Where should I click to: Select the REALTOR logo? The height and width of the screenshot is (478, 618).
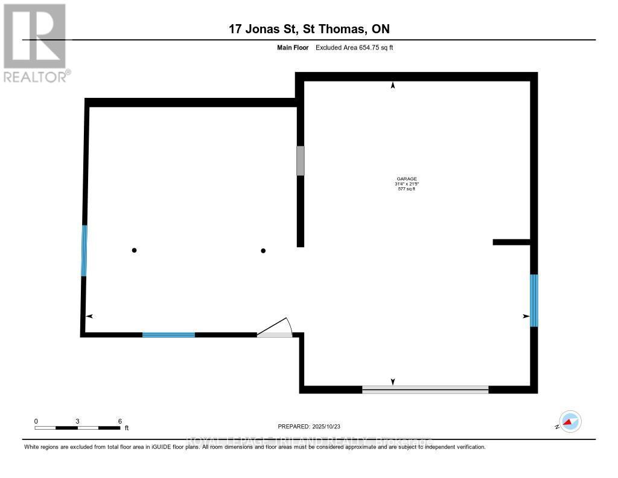click(36, 43)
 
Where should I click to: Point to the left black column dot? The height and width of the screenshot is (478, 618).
click(135, 250)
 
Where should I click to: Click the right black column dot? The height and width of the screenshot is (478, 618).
click(263, 250)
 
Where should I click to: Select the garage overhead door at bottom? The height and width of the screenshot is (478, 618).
click(425, 390)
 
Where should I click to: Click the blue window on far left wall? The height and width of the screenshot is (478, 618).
click(84, 251)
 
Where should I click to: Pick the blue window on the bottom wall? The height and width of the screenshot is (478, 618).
click(168, 334)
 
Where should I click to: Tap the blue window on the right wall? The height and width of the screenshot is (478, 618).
click(534, 300)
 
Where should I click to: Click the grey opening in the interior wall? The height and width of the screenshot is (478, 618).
click(300, 160)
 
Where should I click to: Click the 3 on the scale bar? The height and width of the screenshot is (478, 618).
click(78, 421)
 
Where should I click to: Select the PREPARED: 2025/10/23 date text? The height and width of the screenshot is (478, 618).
click(313, 426)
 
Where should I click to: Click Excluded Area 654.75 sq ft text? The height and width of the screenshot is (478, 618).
click(354, 47)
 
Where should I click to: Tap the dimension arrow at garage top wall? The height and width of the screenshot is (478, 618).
click(393, 86)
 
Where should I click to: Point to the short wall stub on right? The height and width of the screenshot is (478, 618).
click(511, 242)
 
